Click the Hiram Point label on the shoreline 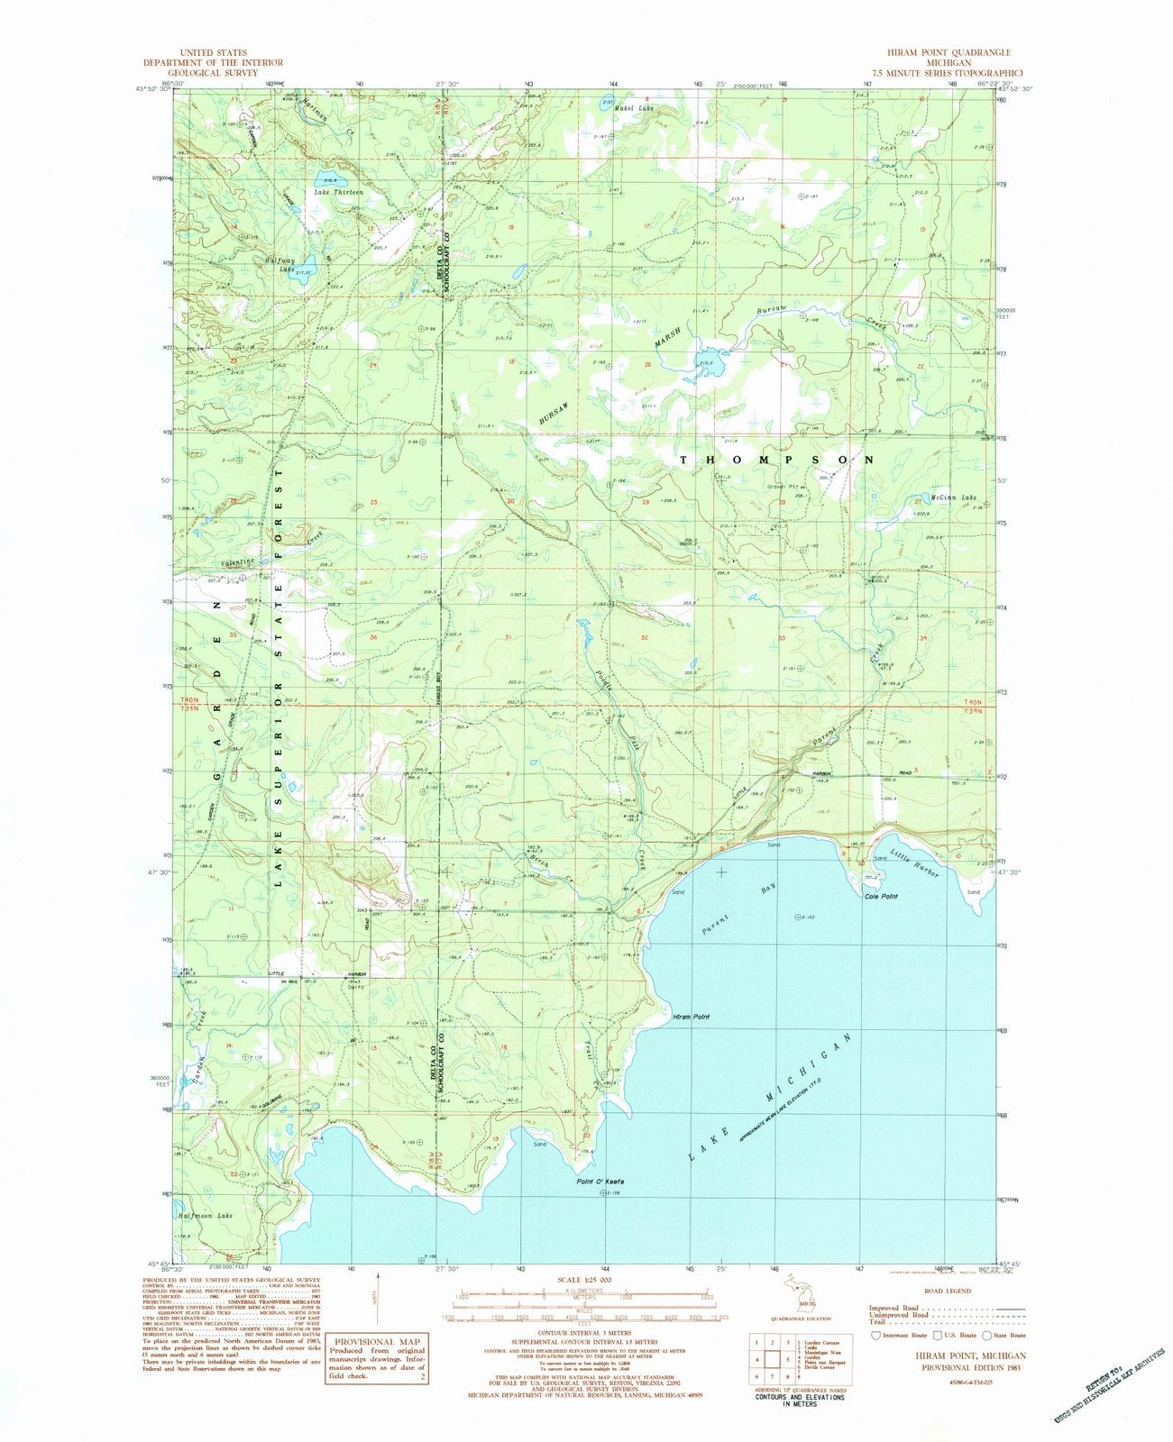pos(692,1017)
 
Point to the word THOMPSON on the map pos(776,460)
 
